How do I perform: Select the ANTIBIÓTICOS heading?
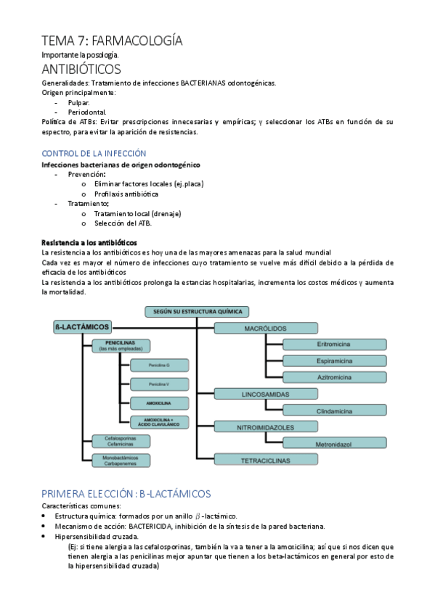81,70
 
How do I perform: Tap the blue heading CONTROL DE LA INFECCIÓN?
94,154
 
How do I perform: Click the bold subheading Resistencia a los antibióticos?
89,242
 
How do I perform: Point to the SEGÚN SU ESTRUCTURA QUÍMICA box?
197,311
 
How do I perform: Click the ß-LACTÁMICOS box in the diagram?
81,328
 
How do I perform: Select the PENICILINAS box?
121,345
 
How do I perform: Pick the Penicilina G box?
158,365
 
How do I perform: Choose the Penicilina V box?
158,384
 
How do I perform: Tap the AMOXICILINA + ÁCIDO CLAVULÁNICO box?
158,421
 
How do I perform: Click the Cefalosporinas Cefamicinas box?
121,441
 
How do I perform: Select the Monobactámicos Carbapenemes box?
121,460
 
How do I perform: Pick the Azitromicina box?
335,377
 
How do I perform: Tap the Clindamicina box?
335,410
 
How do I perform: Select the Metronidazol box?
335,443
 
